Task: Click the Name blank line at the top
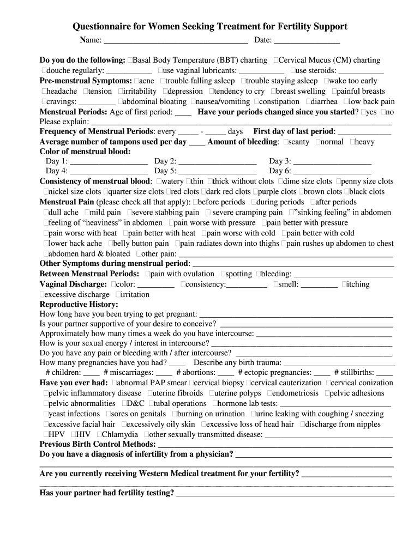point(175,41)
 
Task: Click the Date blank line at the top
point(307,41)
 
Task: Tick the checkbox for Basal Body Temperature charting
point(129,60)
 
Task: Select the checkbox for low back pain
point(345,102)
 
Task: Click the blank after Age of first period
point(183,112)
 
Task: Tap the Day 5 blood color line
point(218,172)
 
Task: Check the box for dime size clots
point(281,181)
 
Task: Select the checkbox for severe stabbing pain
point(130,213)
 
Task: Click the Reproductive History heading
point(79,305)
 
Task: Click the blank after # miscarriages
point(164,373)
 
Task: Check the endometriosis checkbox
point(269,393)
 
